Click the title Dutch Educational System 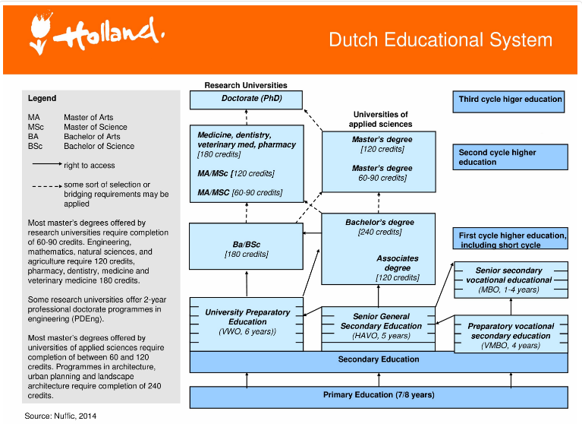click(x=440, y=40)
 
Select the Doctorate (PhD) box click(x=246, y=100)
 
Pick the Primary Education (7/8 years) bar click(x=378, y=395)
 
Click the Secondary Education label click(x=378, y=359)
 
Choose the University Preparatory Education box click(x=247, y=322)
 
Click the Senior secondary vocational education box click(x=509, y=280)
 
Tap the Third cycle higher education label click(x=511, y=100)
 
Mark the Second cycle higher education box click(x=511, y=157)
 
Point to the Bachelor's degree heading click(x=379, y=223)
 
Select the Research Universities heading click(x=246, y=86)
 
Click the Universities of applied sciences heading click(x=380, y=119)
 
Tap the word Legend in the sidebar click(x=42, y=99)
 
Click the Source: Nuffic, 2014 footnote click(x=61, y=416)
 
